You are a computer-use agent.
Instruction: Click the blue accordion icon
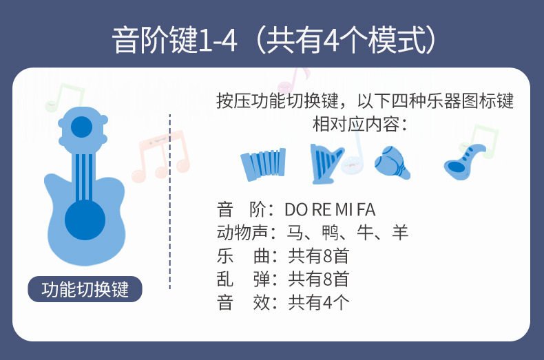[x=263, y=165]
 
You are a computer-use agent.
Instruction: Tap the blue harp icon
[x=326, y=164]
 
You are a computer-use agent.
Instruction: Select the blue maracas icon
[x=393, y=162]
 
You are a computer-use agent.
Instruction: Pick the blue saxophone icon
[x=465, y=161]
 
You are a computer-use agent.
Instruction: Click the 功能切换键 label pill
[x=85, y=289]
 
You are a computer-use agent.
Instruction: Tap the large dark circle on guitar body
[x=85, y=220]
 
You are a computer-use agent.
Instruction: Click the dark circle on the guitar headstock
[x=81, y=127]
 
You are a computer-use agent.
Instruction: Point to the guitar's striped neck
[x=84, y=177]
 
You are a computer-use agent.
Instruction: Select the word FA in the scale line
[x=366, y=210]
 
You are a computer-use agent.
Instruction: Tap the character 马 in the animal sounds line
[x=295, y=233]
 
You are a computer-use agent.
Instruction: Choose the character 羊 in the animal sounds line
[x=400, y=233]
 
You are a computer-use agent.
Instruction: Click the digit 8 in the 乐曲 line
[x=328, y=256]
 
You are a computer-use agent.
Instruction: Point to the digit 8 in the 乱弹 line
[x=328, y=279]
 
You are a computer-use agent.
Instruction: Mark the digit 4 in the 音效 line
[x=328, y=303]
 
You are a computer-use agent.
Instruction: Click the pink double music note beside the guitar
[x=160, y=156]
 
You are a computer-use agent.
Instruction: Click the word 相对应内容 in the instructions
[x=355, y=124]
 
